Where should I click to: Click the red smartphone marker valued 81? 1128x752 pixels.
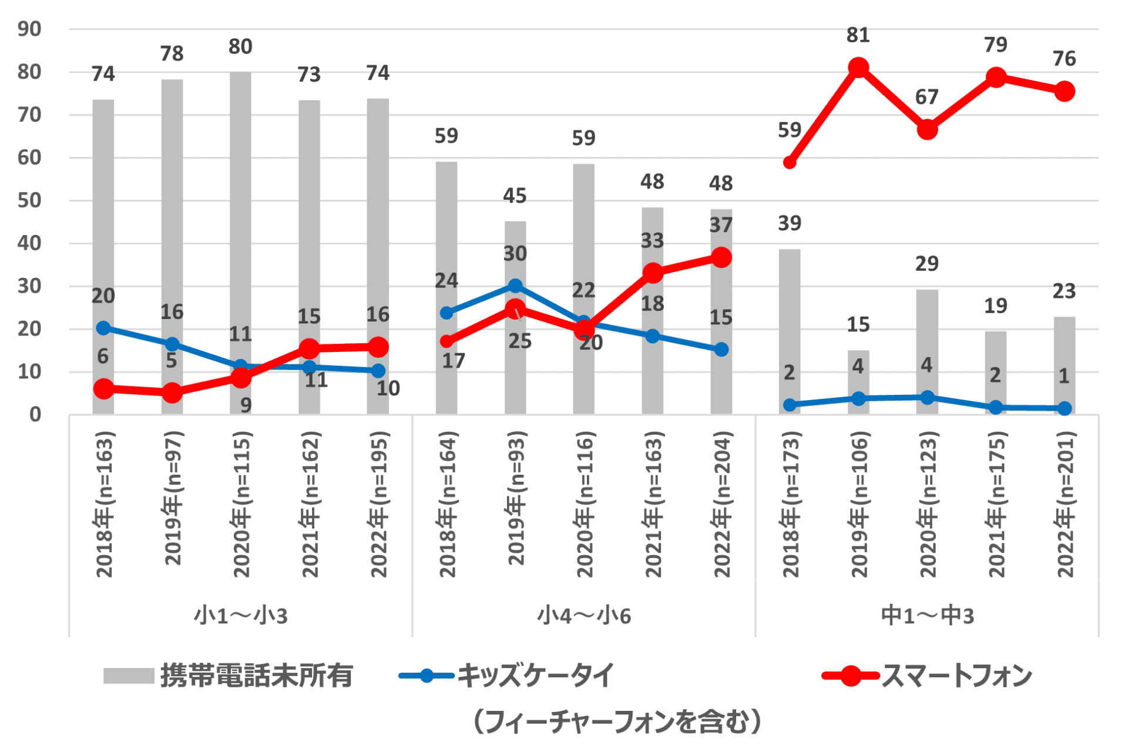[858, 68]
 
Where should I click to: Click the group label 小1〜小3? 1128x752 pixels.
[241, 615]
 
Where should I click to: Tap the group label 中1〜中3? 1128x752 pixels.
[927, 615]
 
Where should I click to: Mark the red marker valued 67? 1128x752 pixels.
[927, 129]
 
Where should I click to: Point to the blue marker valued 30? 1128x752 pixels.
[515, 286]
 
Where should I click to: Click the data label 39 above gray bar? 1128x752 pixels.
[790, 223]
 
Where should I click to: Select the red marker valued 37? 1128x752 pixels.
[721, 257]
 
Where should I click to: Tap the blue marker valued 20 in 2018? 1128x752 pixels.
[103, 328]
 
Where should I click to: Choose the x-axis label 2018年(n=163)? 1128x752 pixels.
[104, 504]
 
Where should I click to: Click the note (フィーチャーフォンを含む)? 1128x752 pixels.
[617, 721]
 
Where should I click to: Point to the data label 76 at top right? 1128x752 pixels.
[1064, 59]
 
